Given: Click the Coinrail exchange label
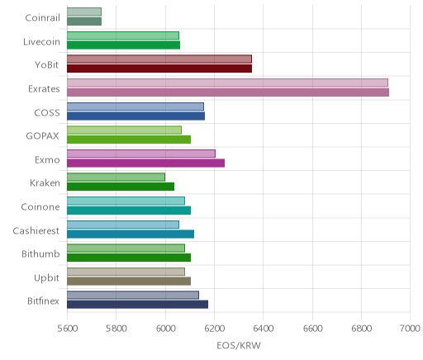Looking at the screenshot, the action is click(x=42, y=18).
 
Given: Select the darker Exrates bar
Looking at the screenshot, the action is click(x=228, y=92).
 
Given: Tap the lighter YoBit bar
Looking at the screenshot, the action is click(x=159, y=59).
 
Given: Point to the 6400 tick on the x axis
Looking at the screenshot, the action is click(x=264, y=329).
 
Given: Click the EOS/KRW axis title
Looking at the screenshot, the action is click(x=239, y=346).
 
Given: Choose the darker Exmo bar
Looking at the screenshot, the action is click(x=145, y=163).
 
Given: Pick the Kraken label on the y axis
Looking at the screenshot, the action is click(x=45, y=183).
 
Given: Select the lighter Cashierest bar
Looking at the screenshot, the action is click(x=123, y=225).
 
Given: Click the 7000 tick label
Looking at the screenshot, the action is click(x=410, y=329).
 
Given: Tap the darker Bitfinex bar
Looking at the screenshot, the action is click(x=137, y=305).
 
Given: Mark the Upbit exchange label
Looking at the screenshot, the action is click(x=46, y=278).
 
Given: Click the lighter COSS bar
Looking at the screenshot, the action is click(x=135, y=107).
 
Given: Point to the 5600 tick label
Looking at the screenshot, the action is click(x=68, y=329).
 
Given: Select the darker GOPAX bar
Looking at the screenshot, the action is click(x=129, y=140).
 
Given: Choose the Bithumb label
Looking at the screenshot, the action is click(x=40, y=253).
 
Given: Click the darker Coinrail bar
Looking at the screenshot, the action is click(x=84, y=21).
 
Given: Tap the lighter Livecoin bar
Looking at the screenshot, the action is click(x=123, y=36).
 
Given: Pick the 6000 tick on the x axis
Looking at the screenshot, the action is click(x=165, y=329).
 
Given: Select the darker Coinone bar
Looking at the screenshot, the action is click(x=129, y=211).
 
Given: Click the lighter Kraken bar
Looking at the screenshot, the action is click(x=116, y=177).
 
